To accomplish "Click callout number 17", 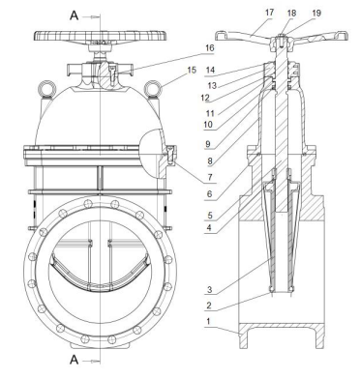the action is (269, 13).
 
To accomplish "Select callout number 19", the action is (316, 13).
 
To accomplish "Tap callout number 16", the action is (210, 48).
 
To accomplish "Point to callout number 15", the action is (192, 70).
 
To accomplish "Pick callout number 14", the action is (210, 70).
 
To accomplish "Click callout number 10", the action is (208, 125).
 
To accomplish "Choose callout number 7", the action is (210, 177).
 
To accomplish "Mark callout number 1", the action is (209, 322).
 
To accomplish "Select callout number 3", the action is (210, 289).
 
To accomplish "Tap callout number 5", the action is (209, 215).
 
